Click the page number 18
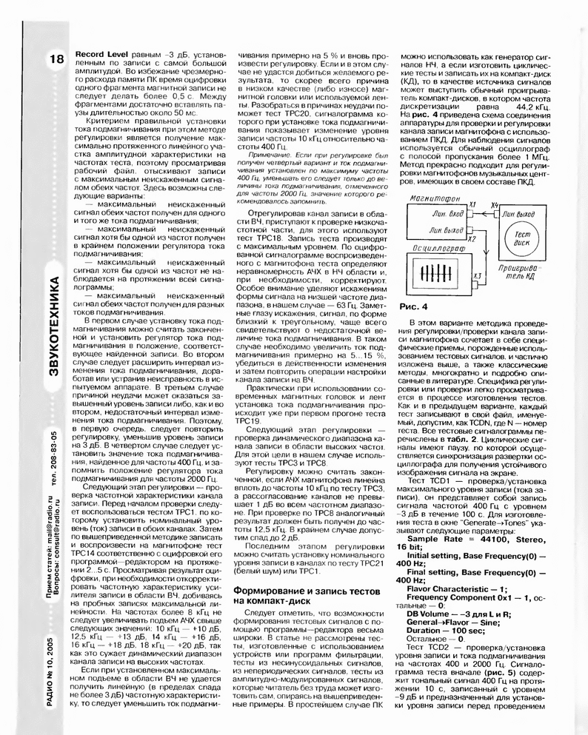(x=56, y=61)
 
